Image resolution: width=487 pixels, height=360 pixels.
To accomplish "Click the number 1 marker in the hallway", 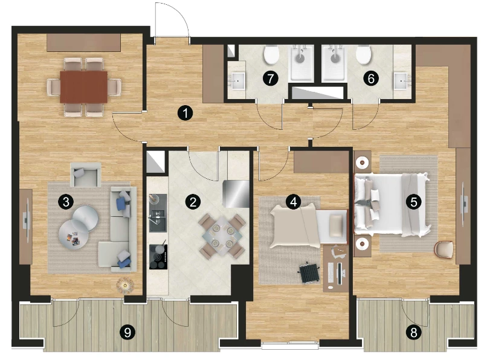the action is (x=185, y=113).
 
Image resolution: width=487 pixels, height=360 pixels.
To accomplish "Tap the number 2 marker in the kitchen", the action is (x=193, y=202).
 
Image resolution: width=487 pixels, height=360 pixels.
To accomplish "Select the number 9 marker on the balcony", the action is (x=127, y=333).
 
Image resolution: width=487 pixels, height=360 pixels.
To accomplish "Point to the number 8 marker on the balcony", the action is (x=414, y=333).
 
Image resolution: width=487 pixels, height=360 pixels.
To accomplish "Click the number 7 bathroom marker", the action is (x=271, y=79).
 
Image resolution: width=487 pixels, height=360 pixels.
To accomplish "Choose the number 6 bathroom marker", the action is (x=371, y=79).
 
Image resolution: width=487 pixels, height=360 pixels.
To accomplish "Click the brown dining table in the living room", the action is (x=83, y=86).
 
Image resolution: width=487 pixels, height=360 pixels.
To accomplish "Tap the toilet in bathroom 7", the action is (x=271, y=54).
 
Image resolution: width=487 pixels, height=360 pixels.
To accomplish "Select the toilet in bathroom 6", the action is (x=363, y=54).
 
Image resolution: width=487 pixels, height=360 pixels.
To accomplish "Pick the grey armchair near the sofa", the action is (x=85, y=175).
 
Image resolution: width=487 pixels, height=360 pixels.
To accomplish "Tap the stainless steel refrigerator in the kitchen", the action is (x=236, y=193).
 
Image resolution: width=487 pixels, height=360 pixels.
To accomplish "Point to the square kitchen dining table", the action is (x=222, y=236).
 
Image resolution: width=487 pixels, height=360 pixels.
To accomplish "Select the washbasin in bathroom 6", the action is (x=402, y=81).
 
